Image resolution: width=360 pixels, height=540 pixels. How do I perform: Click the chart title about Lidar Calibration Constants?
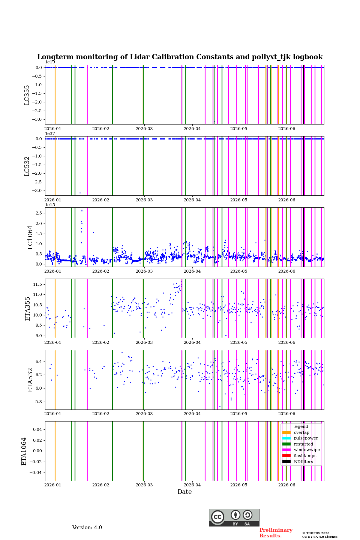[180, 57]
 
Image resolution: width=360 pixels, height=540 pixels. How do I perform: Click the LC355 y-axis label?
[27, 95]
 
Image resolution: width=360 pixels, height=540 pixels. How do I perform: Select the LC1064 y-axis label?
[30, 237]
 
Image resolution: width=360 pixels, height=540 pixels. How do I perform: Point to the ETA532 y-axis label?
[30, 380]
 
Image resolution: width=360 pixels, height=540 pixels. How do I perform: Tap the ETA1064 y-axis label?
[24, 451]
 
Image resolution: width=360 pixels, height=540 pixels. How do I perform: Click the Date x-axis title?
[184, 492]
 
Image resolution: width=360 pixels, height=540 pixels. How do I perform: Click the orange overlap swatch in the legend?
[286, 432]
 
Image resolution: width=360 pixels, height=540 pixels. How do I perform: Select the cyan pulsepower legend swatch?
[286, 438]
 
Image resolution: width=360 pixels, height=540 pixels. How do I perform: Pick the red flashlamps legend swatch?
[286, 456]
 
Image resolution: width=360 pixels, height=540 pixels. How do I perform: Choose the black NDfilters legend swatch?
[286, 462]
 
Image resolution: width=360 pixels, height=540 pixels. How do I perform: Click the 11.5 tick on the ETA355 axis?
[37, 285]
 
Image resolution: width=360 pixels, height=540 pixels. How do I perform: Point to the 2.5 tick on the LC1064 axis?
[39, 213]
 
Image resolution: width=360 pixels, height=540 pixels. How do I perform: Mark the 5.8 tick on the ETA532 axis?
[39, 402]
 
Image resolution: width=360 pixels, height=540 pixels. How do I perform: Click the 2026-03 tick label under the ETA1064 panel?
[144, 485]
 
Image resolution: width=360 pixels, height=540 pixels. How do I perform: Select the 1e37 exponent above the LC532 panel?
[50, 133]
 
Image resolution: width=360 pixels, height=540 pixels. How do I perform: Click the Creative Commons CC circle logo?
[217, 517]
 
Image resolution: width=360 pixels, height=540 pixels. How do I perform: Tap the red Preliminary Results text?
[276, 533]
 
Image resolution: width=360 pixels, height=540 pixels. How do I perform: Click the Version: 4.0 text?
[87, 528]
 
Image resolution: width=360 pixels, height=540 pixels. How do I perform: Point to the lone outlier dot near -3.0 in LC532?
[80, 193]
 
